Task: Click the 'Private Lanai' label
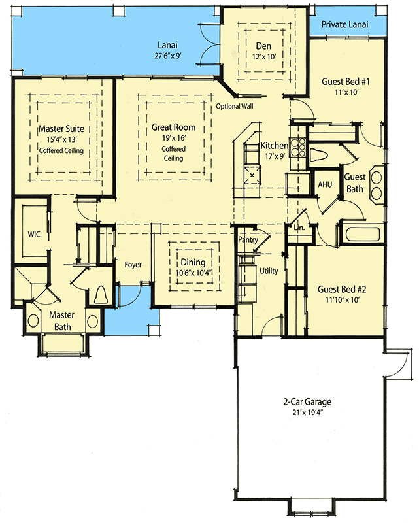coord(344,25)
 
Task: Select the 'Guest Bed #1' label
coord(346,82)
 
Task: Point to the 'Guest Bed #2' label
coord(341,289)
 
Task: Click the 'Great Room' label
coord(173,127)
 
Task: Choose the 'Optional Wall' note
coord(234,107)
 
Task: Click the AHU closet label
coord(325,185)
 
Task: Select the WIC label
coord(35,234)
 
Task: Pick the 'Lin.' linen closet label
coord(300,228)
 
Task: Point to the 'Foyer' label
coord(133,264)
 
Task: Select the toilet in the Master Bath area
coord(101,295)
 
